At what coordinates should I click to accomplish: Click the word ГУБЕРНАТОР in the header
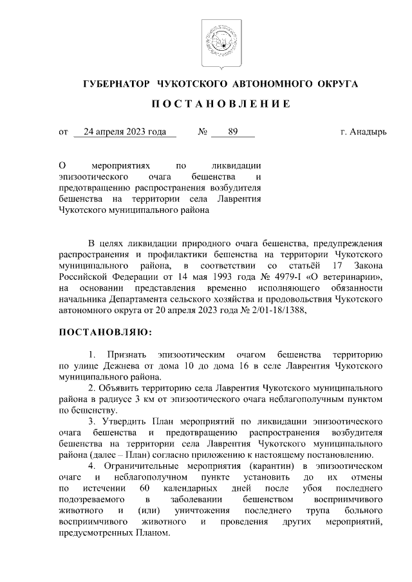click(115, 84)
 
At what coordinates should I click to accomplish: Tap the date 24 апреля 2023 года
click(125, 132)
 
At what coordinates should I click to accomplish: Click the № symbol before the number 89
click(203, 132)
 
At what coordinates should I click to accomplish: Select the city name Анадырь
click(368, 132)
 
